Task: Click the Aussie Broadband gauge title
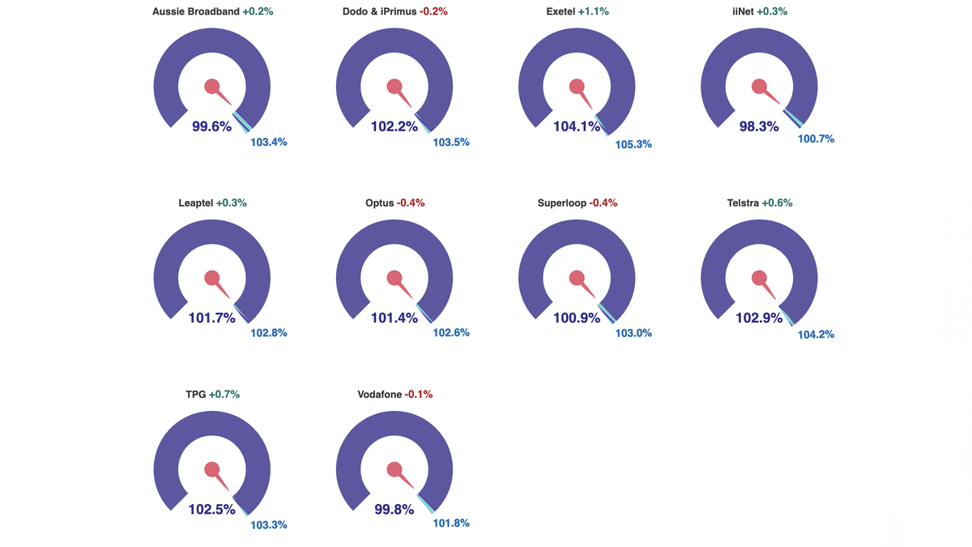195,11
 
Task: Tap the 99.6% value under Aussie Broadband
211,126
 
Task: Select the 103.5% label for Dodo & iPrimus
451,143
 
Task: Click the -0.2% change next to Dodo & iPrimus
433,11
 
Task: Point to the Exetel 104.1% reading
577,126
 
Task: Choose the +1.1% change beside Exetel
593,11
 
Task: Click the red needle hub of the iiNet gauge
759,86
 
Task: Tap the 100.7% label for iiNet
816,139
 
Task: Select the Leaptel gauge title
195,203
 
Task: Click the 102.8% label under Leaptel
269,333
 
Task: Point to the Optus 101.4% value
394,318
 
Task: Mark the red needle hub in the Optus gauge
394,278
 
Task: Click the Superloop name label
561,203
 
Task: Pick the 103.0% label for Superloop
633,333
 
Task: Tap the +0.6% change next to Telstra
777,203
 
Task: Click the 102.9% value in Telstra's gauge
759,318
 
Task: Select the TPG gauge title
195,395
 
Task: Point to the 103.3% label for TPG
269,525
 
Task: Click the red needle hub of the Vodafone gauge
394,469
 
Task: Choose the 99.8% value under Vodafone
394,510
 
